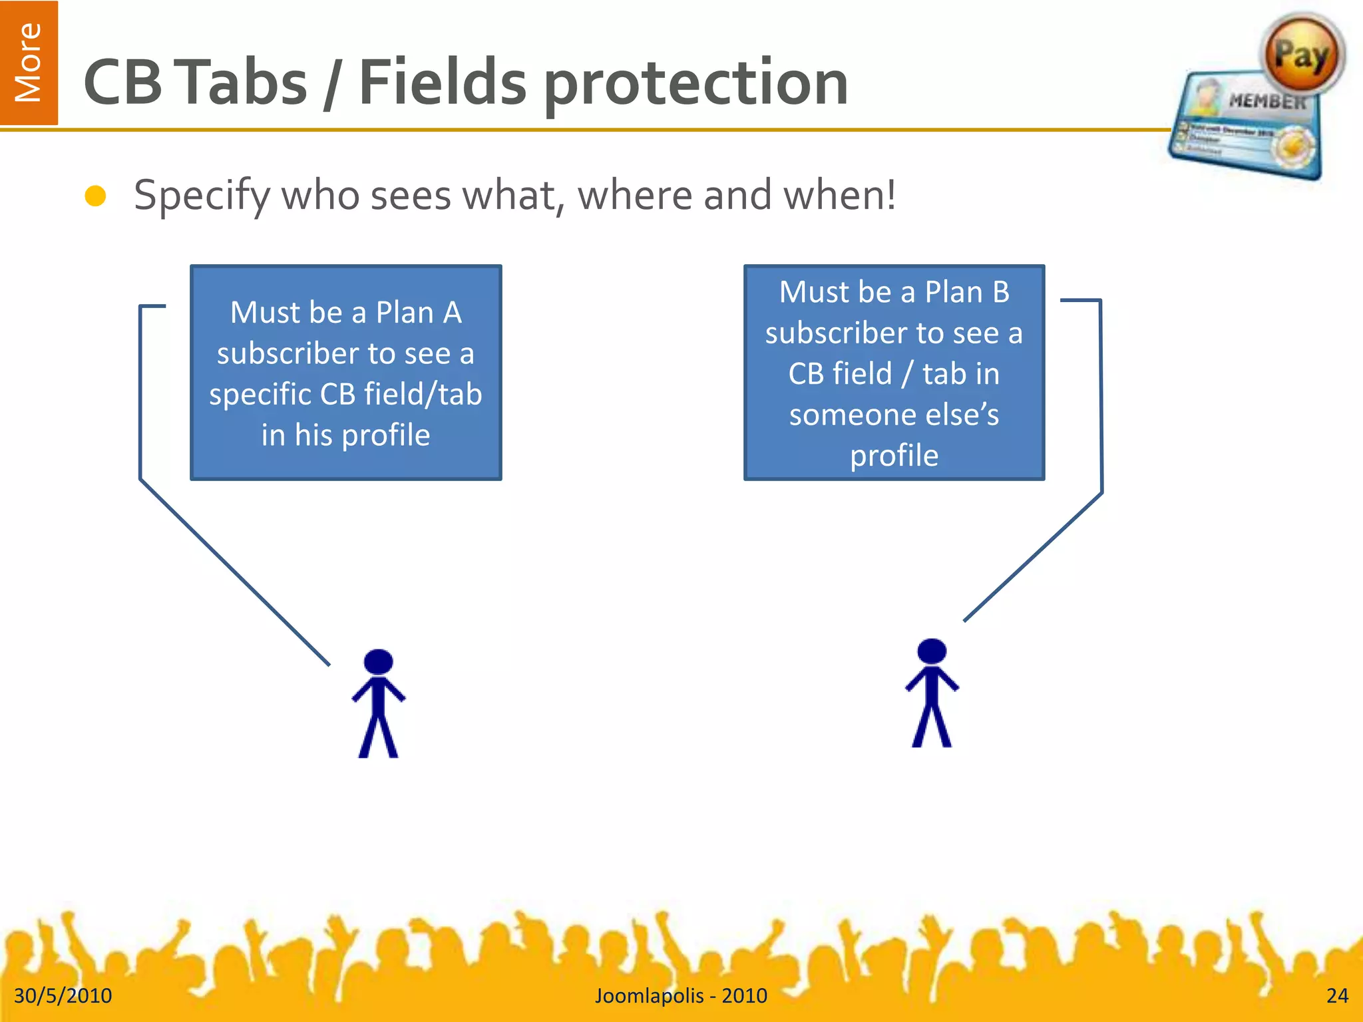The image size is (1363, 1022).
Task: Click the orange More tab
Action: [x=29, y=63]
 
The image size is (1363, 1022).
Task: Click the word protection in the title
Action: [x=695, y=83]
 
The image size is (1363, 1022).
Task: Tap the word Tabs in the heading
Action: [x=244, y=83]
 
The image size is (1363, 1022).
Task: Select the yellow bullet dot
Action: [x=96, y=196]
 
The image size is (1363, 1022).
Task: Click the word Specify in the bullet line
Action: [x=202, y=196]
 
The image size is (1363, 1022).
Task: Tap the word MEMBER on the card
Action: [x=1266, y=101]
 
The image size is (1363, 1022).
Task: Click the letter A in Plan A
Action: [x=453, y=313]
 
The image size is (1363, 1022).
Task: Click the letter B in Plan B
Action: [x=1000, y=292]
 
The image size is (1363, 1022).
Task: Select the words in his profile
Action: [x=345, y=435]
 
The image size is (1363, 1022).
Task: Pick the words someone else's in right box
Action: [x=894, y=415]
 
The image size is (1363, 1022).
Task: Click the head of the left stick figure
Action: [x=379, y=662]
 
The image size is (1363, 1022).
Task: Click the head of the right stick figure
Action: [x=931, y=651]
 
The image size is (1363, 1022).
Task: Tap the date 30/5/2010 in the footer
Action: [x=63, y=995]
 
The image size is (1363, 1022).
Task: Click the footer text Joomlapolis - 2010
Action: [x=681, y=995]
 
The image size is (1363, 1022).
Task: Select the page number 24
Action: [x=1336, y=995]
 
